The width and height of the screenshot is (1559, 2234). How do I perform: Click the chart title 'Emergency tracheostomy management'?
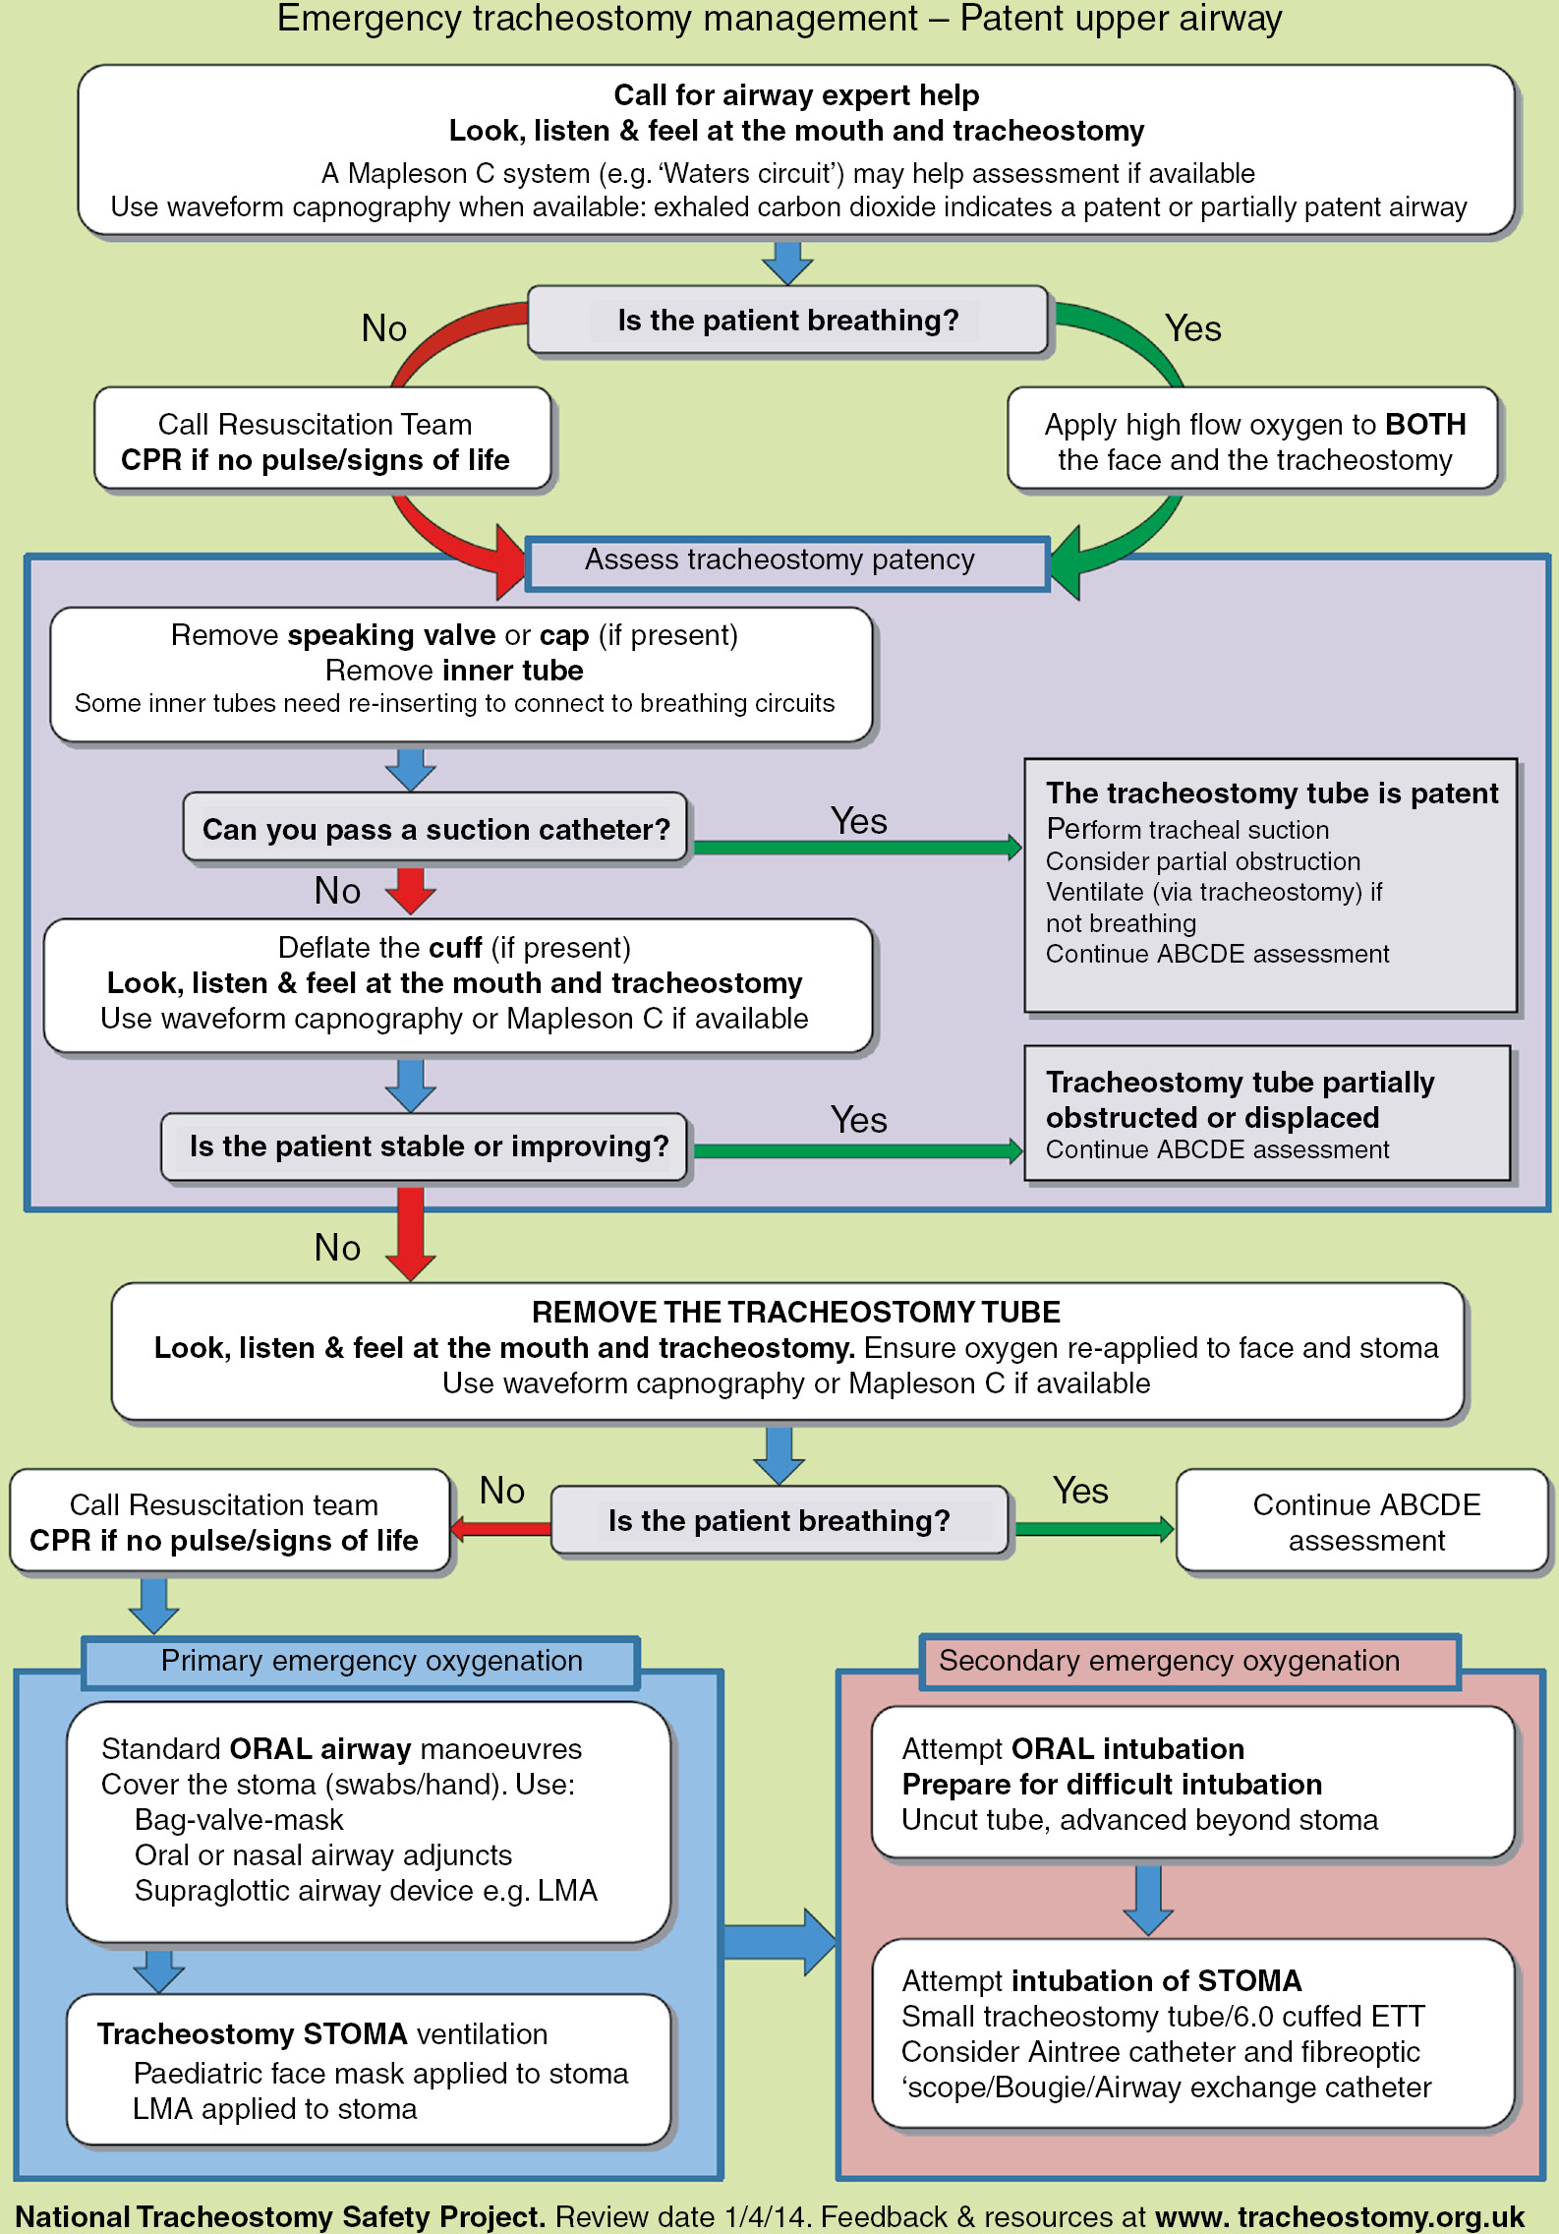(597, 20)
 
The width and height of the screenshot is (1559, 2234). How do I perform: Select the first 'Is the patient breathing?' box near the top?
(787, 321)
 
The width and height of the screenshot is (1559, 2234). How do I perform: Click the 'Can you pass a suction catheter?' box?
(435, 829)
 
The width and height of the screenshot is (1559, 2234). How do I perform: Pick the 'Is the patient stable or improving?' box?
(427, 1146)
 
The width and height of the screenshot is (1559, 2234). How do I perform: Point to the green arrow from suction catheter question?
(855, 848)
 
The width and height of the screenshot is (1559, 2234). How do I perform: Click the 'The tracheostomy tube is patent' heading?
(1271, 794)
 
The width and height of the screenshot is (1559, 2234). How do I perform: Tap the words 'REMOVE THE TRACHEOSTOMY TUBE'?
(795, 1313)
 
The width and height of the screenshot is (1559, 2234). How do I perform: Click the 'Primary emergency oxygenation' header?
(372, 1662)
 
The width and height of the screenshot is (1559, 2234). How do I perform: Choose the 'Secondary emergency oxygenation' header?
(1169, 1662)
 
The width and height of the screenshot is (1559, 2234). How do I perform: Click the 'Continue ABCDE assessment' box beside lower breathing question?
(1365, 1522)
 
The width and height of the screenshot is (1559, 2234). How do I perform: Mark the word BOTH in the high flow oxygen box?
(1425, 425)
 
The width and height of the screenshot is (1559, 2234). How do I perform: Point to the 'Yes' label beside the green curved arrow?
(1192, 328)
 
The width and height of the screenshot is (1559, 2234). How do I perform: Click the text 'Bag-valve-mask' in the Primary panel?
(239, 1820)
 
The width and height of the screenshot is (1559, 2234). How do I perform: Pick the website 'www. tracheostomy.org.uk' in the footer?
(1340, 2217)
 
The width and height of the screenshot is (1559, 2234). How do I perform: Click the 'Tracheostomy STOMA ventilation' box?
(369, 2070)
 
